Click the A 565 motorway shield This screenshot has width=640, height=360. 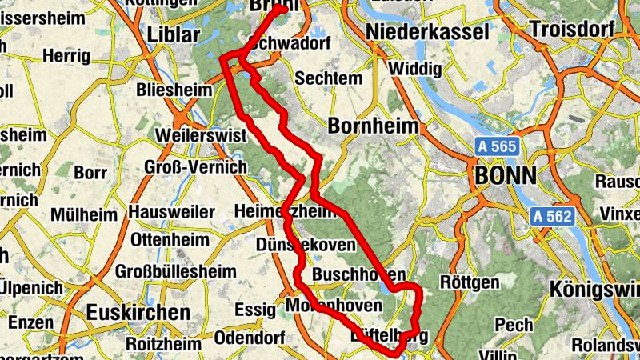(498, 146)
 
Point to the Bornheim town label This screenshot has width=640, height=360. (374, 126)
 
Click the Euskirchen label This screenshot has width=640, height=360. (139, 312)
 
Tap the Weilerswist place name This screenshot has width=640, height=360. (202, 135)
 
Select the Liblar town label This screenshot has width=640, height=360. (174, 35)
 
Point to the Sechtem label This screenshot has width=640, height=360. (323, 78)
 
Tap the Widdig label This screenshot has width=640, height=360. (414, 69)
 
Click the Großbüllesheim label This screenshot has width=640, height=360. (176, 271)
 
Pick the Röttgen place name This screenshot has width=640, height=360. (470, 282)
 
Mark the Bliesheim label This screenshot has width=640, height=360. (172, 88)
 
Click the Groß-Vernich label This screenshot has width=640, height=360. (195, 166)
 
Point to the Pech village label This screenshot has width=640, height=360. (514, 325)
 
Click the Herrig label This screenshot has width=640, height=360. (68, 55)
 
